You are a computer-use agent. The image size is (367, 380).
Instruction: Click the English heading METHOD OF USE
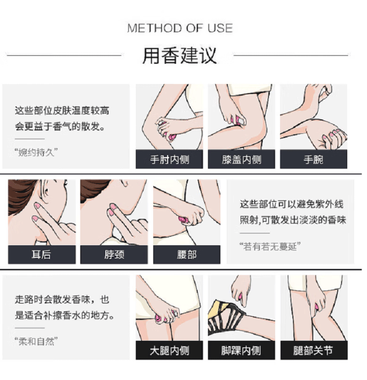coord(180,28)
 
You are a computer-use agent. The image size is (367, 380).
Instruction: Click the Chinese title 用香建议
coord(179,55)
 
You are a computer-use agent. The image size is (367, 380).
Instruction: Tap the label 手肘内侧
coord(169,159)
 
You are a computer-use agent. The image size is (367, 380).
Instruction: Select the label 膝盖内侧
coord(242,159)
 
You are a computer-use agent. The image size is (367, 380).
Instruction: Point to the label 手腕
coord(313,159)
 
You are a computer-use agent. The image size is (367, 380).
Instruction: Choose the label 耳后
coord(42,254)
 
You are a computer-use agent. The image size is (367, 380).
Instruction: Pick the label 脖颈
coord(114,254)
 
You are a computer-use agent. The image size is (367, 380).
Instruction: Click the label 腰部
coord(186,254)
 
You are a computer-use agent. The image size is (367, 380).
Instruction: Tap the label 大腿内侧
coord(169,350)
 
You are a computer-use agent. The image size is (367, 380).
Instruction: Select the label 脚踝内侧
coord(241,350)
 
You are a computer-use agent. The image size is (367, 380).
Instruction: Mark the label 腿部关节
coord(313,350)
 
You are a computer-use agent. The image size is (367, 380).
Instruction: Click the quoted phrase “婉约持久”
coord(36,153)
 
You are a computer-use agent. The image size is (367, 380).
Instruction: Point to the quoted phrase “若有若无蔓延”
coord(270,246)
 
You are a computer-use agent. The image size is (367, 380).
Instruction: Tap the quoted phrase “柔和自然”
coord(36,341)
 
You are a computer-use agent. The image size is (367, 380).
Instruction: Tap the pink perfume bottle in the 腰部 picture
coord(183,220)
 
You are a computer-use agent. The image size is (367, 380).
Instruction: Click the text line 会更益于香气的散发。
coord(60,126)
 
